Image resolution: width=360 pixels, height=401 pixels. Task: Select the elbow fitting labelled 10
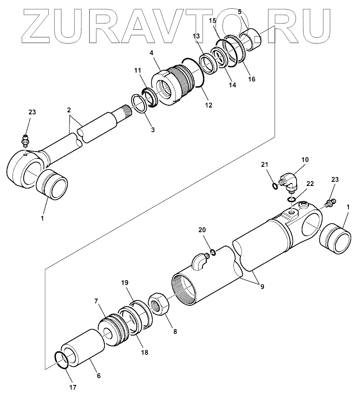(289, 181)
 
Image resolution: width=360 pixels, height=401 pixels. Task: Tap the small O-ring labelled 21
(275, 186)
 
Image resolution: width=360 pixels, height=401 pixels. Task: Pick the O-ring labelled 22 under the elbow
(291, 199)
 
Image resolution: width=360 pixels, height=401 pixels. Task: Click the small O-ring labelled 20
(213, 253)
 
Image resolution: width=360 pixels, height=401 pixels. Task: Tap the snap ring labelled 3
(139, 103)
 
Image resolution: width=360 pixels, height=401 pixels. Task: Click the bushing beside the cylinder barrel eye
(335, 239)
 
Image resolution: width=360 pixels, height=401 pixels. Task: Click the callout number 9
(262, 287)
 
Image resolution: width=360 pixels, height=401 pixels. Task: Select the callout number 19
(124, 283)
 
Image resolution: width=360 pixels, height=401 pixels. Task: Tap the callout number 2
(69, 110)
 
